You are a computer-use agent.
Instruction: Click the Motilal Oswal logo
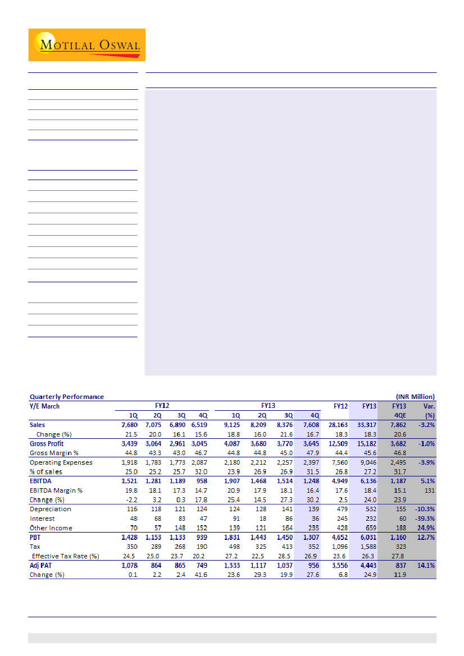[x=87, y=45]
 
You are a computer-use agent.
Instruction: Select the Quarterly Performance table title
[x=66, y=397]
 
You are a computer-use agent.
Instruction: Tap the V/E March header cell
[x=44, y=406]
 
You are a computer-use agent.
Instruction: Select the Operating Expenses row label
[x=61, y=462]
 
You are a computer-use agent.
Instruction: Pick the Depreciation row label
[x=50, y=509]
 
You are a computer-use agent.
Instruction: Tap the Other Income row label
[x=51, y=528]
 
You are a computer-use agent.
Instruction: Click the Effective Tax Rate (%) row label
[x=65, y=556]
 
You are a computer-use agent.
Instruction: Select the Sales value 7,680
[x=129, y=425]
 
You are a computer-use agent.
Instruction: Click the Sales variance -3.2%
[x=426, y=425]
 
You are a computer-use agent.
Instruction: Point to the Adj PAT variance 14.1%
[x=426, y=566]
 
